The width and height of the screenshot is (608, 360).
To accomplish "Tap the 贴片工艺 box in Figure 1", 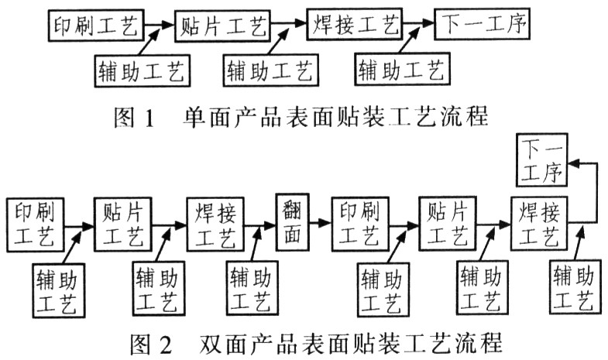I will pos(224,26).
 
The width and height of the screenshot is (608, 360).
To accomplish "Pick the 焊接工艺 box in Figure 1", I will pos(356,26).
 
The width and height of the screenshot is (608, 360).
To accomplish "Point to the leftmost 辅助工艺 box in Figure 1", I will pos(141,71).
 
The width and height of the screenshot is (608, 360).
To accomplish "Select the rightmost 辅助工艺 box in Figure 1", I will pos(404,71).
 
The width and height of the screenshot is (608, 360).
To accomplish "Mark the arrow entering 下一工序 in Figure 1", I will pos(421,26).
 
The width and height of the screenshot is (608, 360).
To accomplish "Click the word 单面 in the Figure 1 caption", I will pos(203,120).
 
